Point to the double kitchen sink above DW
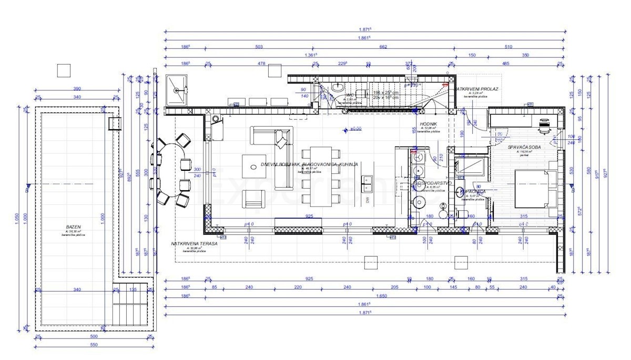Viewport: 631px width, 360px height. [x=367, y=182]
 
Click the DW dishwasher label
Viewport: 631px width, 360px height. [x=367, y=200]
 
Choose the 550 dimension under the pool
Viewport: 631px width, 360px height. [x=94, y=345]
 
